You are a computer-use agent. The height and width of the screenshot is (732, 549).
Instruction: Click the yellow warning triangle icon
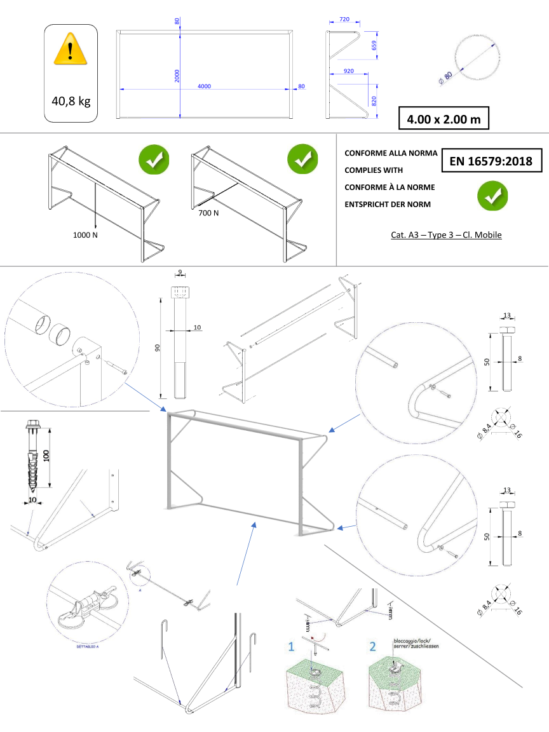coord(71,50)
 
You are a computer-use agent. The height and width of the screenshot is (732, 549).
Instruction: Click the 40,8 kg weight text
coord(71,100)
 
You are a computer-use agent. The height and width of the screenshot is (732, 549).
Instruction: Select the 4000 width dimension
coord(204,86)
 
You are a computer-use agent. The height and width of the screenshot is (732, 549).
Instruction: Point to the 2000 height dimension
coord(177,76)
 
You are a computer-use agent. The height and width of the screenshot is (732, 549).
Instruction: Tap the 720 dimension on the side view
coord(344,20)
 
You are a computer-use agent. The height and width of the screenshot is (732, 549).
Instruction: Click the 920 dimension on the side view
coord(348,71)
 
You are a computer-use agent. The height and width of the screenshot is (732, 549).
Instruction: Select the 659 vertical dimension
coord(374,46)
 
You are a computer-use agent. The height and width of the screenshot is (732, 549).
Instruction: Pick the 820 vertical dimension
coord(374,100)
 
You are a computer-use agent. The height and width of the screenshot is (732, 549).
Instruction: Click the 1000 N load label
coord(85,235)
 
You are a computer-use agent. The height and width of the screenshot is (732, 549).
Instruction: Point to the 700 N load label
coord(208,213)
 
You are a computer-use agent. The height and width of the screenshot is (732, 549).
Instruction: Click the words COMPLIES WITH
coord(374,170)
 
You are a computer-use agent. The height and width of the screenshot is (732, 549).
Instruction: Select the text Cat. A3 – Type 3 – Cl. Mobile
coord(446,235)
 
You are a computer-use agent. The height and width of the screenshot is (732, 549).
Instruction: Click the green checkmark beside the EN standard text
coord(492,196)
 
